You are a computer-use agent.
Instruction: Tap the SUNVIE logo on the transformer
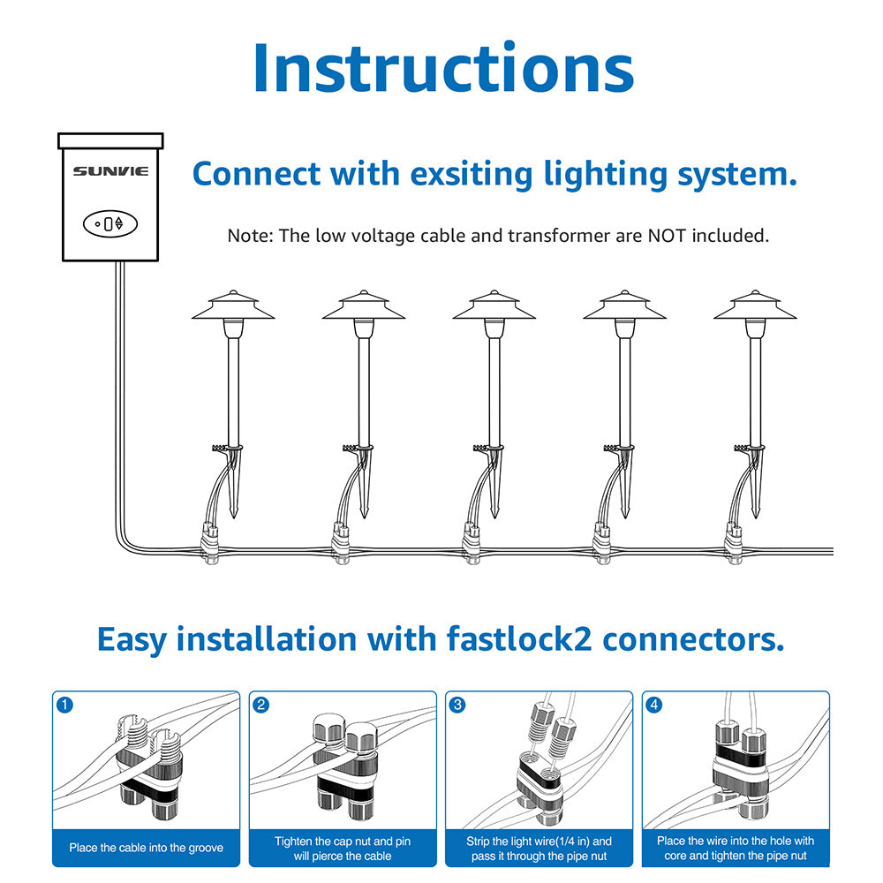click(x=110, y=171)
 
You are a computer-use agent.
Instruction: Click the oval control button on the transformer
click(x=109, y=223)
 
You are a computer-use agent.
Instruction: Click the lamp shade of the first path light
click(x=232, y=306)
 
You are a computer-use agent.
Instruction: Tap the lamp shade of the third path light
click(x=494, y=306)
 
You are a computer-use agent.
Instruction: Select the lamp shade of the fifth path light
click(x=755, y=306)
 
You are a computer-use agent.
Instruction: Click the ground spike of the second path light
click(x=365, y=494)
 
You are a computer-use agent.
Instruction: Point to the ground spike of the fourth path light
click(x=626, y=494)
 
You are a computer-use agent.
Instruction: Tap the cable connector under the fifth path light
click(x=732, y=543)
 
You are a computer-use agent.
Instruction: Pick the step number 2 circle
click(x=260, y=705)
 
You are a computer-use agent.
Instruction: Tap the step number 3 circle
click(x=457, y=705)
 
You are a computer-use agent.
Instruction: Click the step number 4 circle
click(x=653, y=705)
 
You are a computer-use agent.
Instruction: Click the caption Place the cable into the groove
click(x=147, y=848)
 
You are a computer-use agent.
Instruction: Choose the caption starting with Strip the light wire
click(x=539, y=848)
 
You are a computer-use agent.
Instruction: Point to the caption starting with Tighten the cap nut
click(x=343, y=848)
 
